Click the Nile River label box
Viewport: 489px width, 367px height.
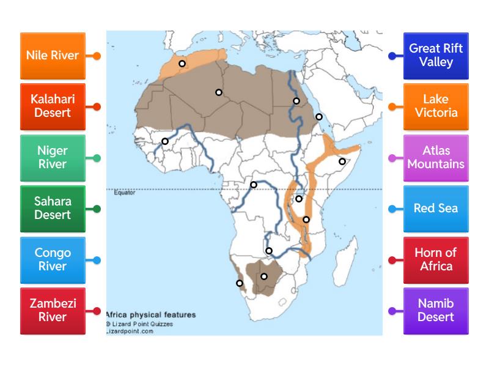(53, 56)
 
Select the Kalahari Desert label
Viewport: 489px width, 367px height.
(53, 106)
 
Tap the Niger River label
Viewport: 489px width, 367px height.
(53, 157)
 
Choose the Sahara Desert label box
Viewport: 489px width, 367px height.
(53, 209)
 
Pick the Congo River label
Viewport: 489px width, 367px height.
(53, 259)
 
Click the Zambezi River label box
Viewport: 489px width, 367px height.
(53, 311)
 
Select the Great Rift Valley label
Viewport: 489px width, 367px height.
(436, 56)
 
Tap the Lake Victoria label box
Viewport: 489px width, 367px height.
(436, 106)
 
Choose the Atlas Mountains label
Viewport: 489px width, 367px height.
(436, 157)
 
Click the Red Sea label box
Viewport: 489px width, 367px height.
(436, 209)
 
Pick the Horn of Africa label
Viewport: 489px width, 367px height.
(436, 259)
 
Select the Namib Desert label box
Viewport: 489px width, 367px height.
(436, 311)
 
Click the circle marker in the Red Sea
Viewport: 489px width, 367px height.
(318, 117)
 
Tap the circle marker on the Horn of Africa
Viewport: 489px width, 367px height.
(342, 161)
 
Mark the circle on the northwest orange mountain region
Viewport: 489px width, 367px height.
(182, 64)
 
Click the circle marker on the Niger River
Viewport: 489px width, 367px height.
(165, 141)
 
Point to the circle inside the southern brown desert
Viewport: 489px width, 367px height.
(264, 276)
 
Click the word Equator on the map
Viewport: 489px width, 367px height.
(125, 193)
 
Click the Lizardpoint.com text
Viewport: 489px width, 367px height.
(130, 331)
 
